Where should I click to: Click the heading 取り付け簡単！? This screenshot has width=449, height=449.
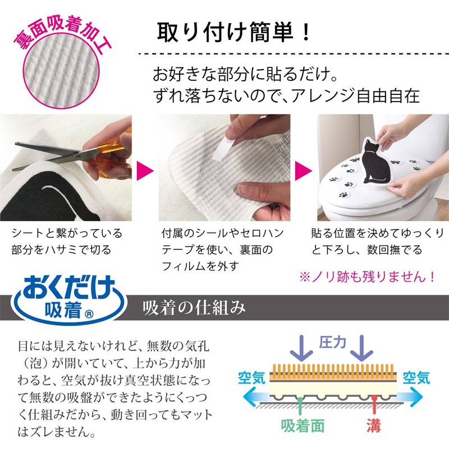(x=233, y=32)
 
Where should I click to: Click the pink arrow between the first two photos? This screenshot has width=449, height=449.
(x=145, y=169)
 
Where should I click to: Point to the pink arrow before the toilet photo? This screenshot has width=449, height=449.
(x=304, y=169)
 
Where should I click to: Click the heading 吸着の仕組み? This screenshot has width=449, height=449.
(x=194, y=308)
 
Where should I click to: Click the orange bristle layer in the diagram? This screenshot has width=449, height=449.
(x=334, y=371)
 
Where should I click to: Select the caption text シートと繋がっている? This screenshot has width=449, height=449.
(x=67, y=233)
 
